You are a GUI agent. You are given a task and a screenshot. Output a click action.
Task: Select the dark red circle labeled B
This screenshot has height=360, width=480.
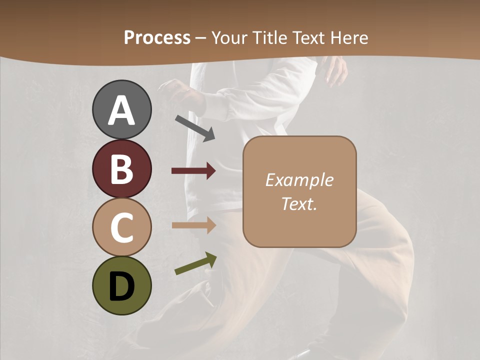[x=121, y=168]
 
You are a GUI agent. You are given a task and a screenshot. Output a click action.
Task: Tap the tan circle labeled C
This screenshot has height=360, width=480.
[x=121, y=227]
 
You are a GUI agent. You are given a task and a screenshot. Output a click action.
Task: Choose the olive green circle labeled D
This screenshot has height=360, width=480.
[x=121, y=285]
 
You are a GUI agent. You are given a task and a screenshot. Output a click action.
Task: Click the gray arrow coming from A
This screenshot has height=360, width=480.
[x=194, y=128]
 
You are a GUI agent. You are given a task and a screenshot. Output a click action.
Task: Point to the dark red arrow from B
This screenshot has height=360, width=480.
[x=193, y=171]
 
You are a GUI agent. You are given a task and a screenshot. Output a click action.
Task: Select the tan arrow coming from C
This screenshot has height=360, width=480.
[x=193, y=225]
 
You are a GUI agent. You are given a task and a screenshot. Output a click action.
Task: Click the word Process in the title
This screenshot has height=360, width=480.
[x=157, y=37]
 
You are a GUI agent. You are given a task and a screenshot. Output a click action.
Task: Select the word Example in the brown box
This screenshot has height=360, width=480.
[x=299, y=180]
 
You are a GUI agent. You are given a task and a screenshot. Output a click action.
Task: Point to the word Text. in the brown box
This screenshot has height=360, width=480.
[x=299, y=203]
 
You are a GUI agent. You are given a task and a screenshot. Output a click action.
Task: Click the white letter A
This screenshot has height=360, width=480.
[x=121, y=110]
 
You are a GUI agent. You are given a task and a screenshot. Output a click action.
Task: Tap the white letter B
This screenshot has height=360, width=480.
[x=121, y=169]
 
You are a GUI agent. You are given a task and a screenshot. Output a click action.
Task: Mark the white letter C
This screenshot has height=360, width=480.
[x=121, y=227]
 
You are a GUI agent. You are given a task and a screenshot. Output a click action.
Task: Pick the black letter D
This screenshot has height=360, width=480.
[x=121, y=286]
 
